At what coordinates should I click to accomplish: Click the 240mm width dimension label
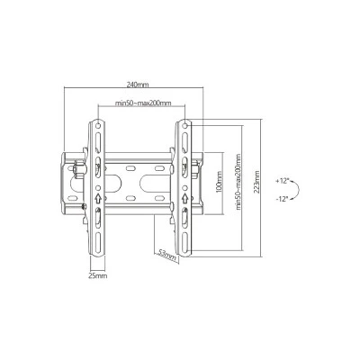pos(138,85)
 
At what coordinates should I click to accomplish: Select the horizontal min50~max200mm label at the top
pos(143,103)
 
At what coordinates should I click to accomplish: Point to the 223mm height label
pos(256,182)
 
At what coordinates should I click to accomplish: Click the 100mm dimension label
pos(220,182)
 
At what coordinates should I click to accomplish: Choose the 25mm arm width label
pos(98,275)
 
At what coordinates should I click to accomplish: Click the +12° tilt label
pos(282,181)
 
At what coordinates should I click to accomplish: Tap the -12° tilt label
pos(282,198)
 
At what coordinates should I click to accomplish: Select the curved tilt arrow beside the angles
pos(299,190)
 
